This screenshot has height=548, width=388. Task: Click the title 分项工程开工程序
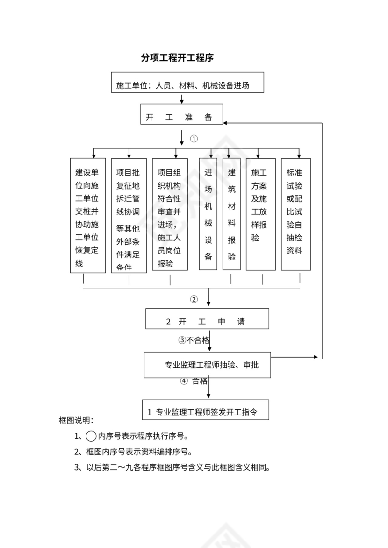tap(177, 58)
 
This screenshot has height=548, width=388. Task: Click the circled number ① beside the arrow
tap(194, 139)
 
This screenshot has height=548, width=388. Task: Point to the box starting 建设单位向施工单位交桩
tap(87, 215)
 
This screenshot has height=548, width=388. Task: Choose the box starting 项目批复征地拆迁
tap(129, 215)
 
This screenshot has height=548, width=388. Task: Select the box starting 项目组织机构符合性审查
tap(170, 214)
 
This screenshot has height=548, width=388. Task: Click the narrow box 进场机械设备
tap(208, 214)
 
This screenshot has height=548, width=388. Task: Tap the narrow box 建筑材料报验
tap(231, 214)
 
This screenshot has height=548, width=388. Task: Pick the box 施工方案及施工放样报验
tap(260, 214)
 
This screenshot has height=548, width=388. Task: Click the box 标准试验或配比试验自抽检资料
tap(295, 214)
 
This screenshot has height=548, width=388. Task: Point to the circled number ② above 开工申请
tap(194, 300)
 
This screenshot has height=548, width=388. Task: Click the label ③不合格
tap(194, 340)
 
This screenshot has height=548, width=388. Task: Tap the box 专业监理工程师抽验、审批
tap(207, 365)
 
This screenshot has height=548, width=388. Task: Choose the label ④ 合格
tap(194, 380)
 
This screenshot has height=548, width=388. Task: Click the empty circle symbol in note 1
tap(91, 436)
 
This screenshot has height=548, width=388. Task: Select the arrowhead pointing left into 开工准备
tap(226, 123)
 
